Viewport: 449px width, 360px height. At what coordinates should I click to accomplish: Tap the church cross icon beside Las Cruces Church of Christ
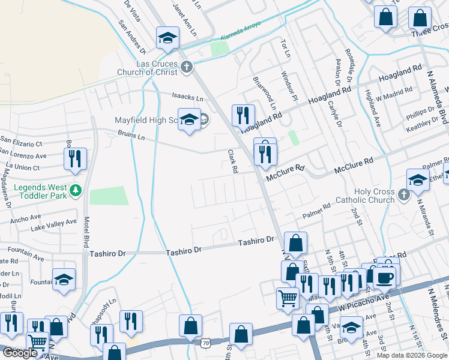point(187,66)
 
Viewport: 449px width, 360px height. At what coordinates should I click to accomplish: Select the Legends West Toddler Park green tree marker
point(75,191)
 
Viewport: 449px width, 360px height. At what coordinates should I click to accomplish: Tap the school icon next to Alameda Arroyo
point(167,38)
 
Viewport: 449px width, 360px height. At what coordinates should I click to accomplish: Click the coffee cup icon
point(384,277)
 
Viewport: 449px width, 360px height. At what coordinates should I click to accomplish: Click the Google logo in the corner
point(19,353)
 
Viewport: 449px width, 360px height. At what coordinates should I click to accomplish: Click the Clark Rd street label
point(231,161)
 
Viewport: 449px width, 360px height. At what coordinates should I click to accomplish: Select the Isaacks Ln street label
point(188,97)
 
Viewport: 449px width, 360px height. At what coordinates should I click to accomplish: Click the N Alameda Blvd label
point(435,97)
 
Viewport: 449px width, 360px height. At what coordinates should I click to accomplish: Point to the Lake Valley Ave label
point(54,224)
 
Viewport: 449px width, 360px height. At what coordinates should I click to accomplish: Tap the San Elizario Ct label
point(21,144)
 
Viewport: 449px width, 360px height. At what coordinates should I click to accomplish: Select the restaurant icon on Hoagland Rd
point(243,115)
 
